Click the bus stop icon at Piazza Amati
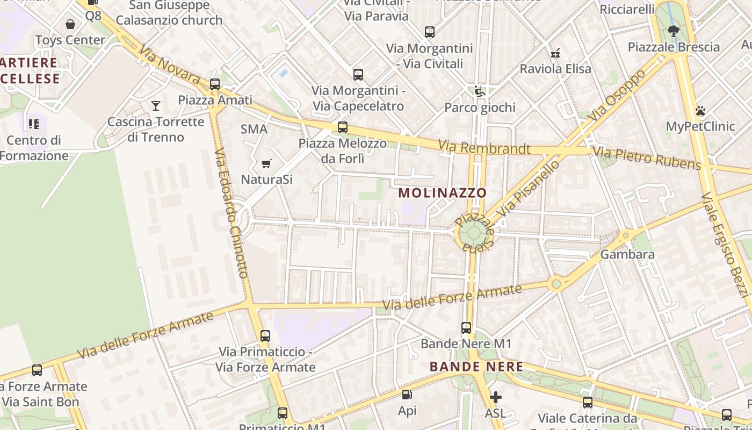[215, 84]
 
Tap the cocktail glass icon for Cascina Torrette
[156, 106]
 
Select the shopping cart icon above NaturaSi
[266, 163]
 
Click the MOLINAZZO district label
[443, 193]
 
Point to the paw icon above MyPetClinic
[700, 111]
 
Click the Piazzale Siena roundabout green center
[473, 234]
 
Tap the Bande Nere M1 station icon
[466, 327]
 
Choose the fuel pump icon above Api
[407, 395]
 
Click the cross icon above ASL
[496, 397]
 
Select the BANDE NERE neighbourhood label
[476, 367]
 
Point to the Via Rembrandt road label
[484, 147]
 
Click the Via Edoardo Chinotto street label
[231, 213]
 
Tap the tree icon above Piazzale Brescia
[673, 31]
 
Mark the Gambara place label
[627, 254]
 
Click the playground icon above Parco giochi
[480, 92]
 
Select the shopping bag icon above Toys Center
[70, 24]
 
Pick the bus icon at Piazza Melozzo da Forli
[343, 127]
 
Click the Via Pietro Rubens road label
[647, 158]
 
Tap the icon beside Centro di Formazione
[34, 125]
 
